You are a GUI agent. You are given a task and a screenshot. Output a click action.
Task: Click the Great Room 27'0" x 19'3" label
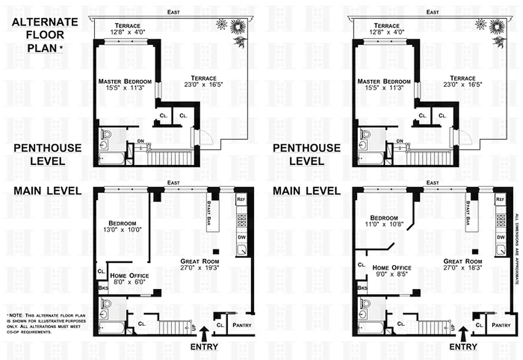tap(199, 265)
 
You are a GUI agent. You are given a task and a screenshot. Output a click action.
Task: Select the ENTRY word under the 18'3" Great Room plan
tap(463, 346)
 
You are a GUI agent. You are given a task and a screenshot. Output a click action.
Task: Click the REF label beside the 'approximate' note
tap(500, 199)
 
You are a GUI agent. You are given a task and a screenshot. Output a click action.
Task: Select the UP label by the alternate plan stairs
tap(194, 328)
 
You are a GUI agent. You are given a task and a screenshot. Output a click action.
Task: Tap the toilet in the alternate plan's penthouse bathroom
tap(105, 135)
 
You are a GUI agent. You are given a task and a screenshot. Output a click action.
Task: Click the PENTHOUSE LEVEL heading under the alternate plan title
tap(47, 154)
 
